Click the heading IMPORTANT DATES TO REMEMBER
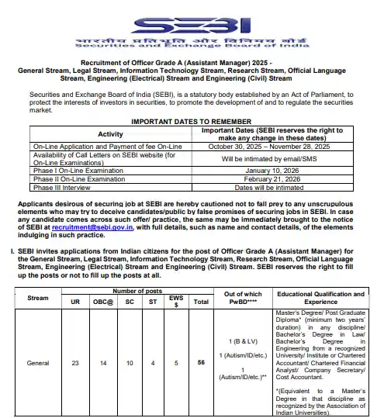191,122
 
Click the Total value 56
200,362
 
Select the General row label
39,362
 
